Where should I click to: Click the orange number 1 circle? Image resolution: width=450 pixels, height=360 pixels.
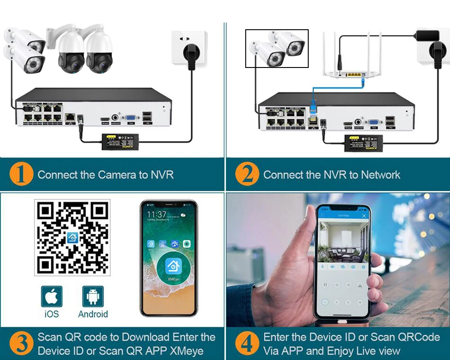[x=21, y=175]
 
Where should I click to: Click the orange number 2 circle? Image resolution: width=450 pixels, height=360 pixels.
[x=247, y=175]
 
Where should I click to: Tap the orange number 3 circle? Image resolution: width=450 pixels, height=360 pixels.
[x=21, y=344]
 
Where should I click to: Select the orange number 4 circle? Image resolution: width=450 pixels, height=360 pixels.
[x=247, y=344]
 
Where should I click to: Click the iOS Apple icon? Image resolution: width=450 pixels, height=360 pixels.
[x=52, y=297]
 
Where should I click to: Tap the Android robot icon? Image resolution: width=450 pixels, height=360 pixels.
[x=93, y=297]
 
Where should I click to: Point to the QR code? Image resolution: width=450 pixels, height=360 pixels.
[x=72, y=238]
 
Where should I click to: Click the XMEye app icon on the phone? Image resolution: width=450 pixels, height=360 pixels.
[x=173, y=266]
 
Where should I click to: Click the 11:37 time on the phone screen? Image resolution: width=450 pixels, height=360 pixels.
[x=157, y=214]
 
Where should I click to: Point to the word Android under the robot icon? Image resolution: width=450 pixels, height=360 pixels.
[x=93, y=314]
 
